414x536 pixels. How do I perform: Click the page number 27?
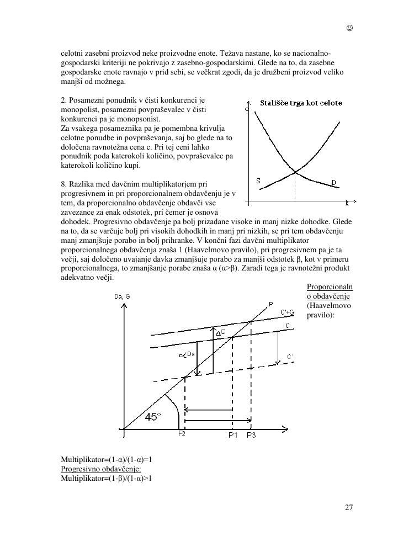click(x=349, y=508)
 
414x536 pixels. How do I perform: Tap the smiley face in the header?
click(x=349, y=28)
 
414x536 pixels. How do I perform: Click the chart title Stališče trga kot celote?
click(x=301, y=103)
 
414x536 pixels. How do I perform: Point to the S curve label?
click(x=258, y=181)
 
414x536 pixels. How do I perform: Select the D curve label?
click(x=333, y=182)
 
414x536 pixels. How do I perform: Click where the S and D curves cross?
click(x=295, y=173)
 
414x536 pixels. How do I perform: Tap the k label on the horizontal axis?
click(x=347, y=203)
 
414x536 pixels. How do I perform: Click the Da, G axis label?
click(x=122, y=296)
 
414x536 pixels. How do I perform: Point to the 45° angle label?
click(x=153, y=417)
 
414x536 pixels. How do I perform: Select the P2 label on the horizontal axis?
click(x=182, y=434)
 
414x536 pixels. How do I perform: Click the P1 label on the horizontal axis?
click(x=233, y=435)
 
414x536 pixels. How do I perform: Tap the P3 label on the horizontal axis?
click(x=251, y=435)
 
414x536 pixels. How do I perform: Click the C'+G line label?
click(x=287, y=312)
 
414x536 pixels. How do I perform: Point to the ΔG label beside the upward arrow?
click(x=220, y=333)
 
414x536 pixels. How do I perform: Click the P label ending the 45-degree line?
click(x=270, y=304)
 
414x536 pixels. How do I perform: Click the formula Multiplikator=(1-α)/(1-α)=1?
click(x=106, y=459)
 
